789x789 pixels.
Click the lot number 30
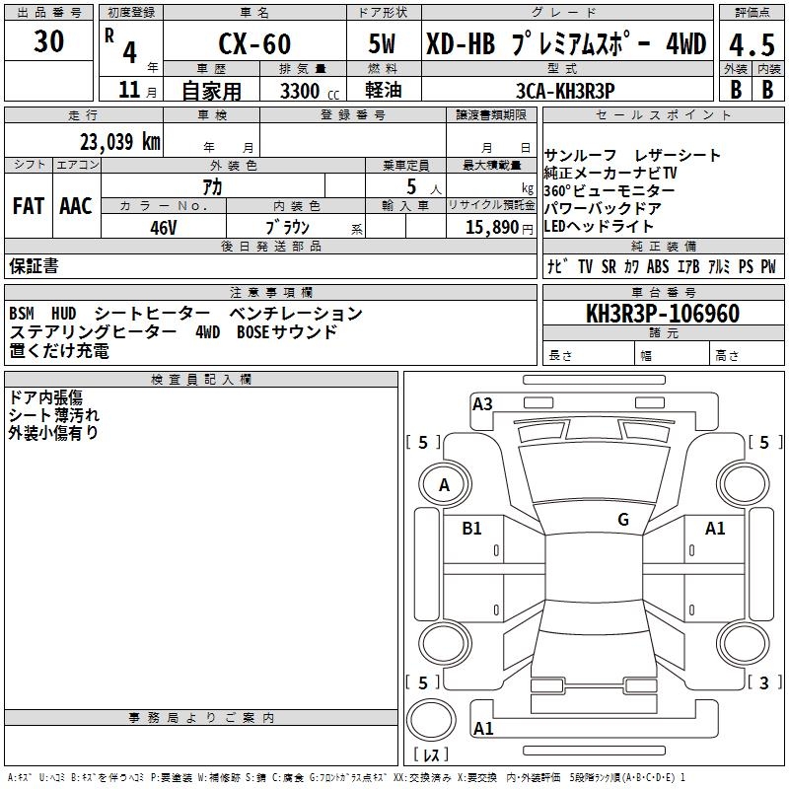pos(48,41)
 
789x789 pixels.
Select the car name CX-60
pos(254,44)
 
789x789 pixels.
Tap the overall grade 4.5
pos(751,44)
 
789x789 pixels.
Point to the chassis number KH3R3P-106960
pos(663,314)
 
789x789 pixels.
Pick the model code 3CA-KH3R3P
pos(566,90)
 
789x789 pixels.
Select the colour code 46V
pos(164,227)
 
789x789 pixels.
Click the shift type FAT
pos(29,206)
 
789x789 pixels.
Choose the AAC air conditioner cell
pos(76,206)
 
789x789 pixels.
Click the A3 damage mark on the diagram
pos(482,403)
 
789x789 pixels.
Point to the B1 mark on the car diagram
pos(472,529)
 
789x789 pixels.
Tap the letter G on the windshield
pos(623,519)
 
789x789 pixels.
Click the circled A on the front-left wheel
pos(444,484)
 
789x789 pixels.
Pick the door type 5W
pos(384,44)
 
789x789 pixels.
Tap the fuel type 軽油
pos(383,91)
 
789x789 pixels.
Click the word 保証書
pos(34,266)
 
